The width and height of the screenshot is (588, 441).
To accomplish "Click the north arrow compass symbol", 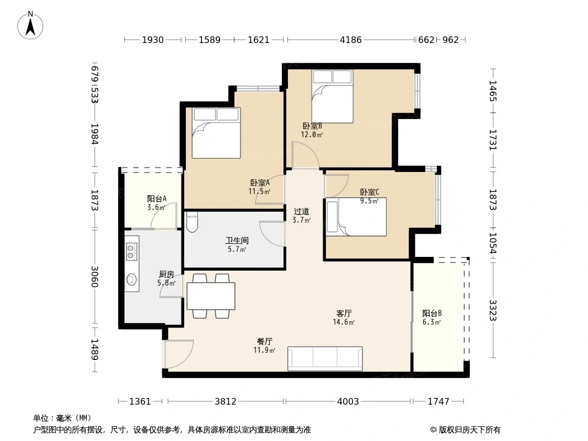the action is (x=30, y=25).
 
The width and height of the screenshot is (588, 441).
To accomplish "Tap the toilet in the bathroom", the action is (x=192, y=222).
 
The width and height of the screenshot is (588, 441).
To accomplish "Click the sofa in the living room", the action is (x=325, y=358).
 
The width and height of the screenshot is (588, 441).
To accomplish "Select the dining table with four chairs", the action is (x=211, y=296).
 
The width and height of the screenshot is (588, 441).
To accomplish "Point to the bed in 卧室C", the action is (x=356, y=217).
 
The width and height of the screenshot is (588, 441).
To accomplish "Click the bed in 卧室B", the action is (x=333, y=96).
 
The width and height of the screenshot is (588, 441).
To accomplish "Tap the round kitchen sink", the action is (x=131, y=279).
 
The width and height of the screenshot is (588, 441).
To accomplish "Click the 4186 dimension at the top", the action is (x=351, y=40).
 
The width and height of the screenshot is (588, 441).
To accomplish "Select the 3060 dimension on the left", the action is (x=94, y=277).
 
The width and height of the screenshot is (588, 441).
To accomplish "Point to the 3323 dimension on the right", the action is (x=493, y=310).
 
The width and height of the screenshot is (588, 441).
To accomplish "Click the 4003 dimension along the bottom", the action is (x=348, y=401).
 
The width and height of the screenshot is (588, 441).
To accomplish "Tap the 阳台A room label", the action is (x=157, y=198).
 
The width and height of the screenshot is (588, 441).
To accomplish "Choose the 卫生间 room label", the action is (x=237, y=240).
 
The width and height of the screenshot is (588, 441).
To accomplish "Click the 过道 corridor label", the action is (x=302, y=212).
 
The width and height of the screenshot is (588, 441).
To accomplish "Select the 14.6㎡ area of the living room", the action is (x=344, y=322).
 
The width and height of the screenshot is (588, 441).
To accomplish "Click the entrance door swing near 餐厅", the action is (x=179, y=354).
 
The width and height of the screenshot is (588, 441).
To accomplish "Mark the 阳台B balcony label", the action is (x=432, y=313).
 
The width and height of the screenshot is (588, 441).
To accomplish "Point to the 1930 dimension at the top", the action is (x=153, y=40).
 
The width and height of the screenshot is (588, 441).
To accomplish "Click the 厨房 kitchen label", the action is (x=167, y=275).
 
